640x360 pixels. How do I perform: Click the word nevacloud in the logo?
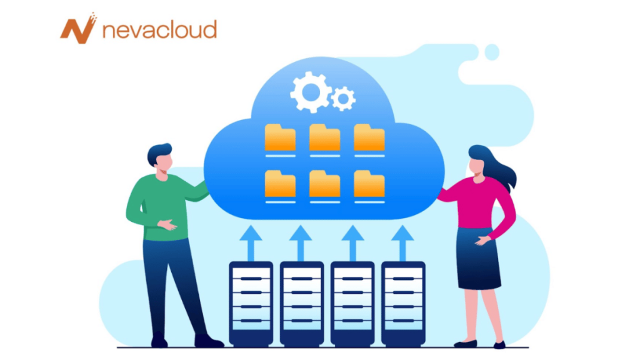[159, 30]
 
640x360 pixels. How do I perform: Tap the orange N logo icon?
[78, 28]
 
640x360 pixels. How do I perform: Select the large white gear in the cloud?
[311, 92]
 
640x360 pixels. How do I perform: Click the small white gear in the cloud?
[343, 99]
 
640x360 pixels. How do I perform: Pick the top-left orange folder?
[280, 137]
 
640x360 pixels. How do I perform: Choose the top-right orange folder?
[369, 137]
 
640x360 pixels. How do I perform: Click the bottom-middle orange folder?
[324, 184]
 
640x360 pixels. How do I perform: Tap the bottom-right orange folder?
[369, 184]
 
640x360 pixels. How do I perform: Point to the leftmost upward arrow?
[251, 243]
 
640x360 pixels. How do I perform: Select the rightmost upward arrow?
[402, 243]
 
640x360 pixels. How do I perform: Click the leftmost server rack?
[251, 304]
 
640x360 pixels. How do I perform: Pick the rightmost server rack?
[403, 304]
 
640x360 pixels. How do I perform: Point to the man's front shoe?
[208, 341]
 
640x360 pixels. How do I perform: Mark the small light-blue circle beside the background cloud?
[492, 52]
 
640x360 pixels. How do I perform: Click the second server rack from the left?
[302, 304]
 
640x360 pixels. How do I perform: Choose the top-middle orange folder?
[324, 137]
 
